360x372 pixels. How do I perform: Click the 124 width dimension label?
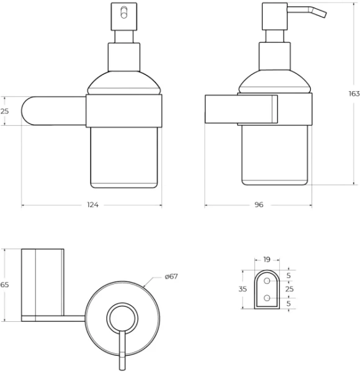pyautogui.click(x=92, y=205)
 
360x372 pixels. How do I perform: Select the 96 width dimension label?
pyautogui.click(x=259, y=205)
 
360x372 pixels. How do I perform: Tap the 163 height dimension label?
pyautogui.click(x=354, y=94)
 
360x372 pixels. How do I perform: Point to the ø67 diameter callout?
pyautogui.click(x=171, y=277)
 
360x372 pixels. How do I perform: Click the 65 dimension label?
pyautogui.click(x=4, y=285)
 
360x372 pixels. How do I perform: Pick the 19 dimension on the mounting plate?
pyautogui.click(x=267, y=260)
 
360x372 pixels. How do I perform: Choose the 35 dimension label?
pyautogui.click(x=243, y=289)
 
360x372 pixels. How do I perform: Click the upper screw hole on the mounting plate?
pyautogui.click(x=267, y=281)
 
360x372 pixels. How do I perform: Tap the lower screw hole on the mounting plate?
pyautogui.click(x=267, y=298)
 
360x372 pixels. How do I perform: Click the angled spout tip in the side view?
pyautogui.click(x=324, y=14)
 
